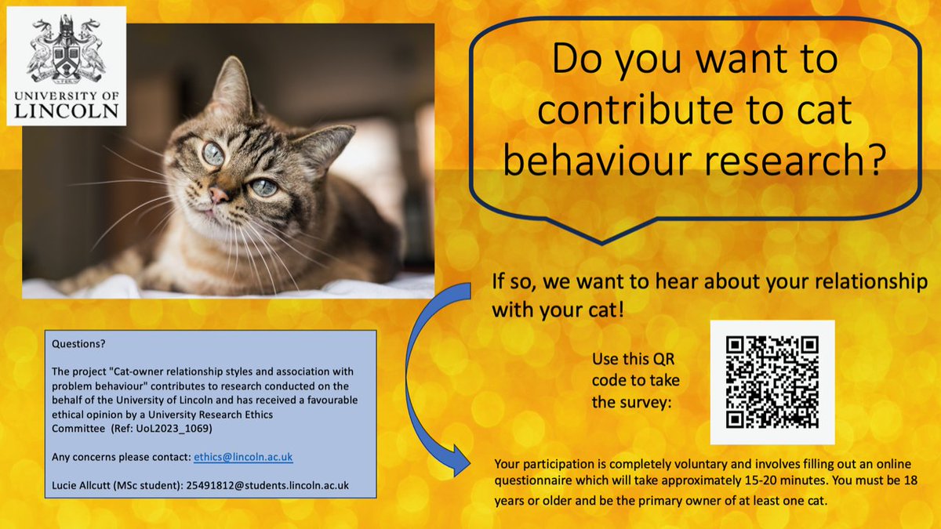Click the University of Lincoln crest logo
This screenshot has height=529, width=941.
coord(66,50)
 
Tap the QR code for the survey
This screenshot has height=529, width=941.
coord(772,382)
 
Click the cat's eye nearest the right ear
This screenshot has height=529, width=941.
coord(264,187)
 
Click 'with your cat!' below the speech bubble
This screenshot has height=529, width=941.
coord(558,307)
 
